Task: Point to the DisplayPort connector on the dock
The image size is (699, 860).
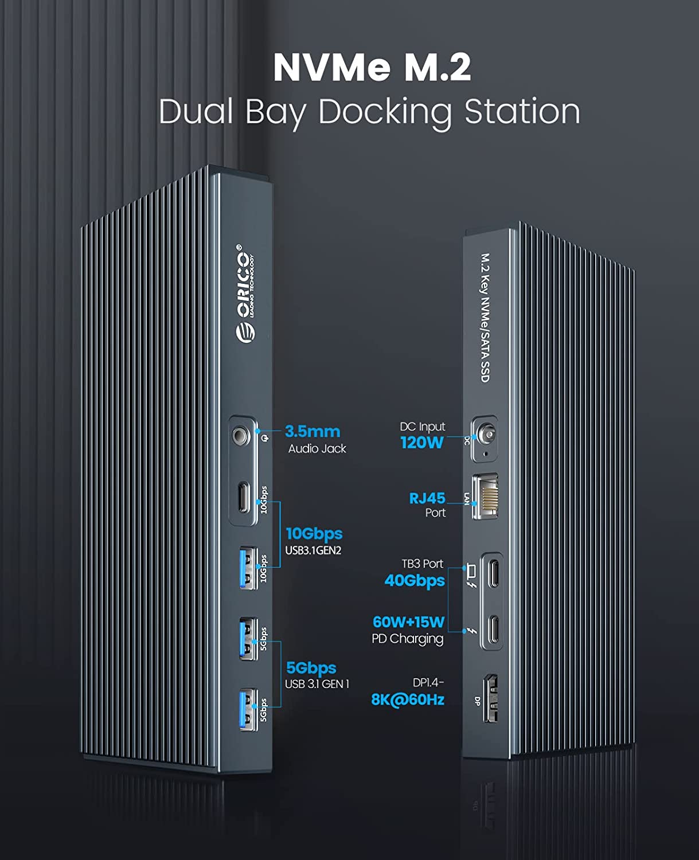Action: point(490,698)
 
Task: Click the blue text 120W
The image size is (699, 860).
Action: point(422,442)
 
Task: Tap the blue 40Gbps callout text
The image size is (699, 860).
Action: point(415,580)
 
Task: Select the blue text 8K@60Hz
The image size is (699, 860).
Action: point(408,699)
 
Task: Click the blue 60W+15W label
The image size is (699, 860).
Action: point(408,621)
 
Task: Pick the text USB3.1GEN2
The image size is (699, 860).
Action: point(313,550)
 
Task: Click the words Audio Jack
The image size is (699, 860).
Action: point(317,448)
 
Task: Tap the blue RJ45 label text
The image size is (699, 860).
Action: point(427,498)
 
